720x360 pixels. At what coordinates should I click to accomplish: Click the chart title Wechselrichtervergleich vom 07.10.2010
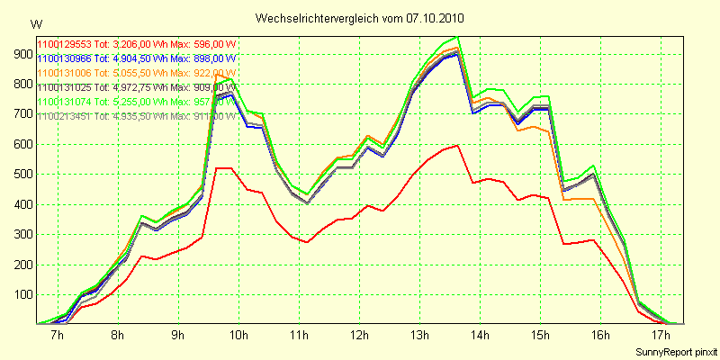pos(359,18)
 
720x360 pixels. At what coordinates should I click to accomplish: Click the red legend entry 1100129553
pos(135,44)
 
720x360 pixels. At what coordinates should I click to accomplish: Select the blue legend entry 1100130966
pos(135,58)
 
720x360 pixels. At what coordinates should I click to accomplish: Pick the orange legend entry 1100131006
pos(135,73)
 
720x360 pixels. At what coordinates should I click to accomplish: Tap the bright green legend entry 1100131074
pos(135,102)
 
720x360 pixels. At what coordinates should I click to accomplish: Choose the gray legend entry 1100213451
pos(135,116)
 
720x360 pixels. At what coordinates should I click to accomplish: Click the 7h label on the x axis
pos(58,336)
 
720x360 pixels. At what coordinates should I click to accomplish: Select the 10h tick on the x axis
pos(238,336)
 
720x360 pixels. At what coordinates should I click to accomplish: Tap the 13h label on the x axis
pos(419,336)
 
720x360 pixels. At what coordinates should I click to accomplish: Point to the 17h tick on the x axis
pos(661,336)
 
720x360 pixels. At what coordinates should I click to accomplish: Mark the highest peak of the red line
pos(458,145)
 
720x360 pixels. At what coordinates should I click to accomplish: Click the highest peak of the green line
pos(458,37)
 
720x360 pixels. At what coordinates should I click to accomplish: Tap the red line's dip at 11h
pos(307,242)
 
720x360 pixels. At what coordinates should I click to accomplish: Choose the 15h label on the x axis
pos(540,336)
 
